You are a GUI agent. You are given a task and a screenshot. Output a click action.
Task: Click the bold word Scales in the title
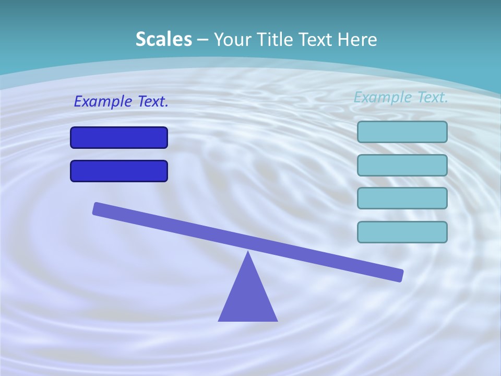(x=163, y=39)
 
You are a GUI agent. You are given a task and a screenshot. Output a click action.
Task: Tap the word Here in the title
(x=357, y=39)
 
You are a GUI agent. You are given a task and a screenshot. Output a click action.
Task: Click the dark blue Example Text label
(x=121, y=101)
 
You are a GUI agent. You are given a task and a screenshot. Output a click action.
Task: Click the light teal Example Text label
(x=401, y=97)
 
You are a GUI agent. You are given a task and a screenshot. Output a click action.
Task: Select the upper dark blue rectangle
(x=119, y=137)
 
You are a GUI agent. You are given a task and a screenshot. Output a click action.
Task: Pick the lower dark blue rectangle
(x=119, y=171)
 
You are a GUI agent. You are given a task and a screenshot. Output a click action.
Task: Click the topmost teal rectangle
(x=402, y=132)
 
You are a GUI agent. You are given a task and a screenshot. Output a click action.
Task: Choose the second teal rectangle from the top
(x=402, y=165)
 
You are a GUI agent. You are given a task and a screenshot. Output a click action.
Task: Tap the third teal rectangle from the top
(x=402, y=198)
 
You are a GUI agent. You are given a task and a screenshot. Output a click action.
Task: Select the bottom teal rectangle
(x=402, y=232)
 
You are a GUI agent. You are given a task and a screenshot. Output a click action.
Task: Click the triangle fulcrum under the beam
(x=248, y=298)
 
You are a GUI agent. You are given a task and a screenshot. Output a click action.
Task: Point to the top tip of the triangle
(x=248, y=253)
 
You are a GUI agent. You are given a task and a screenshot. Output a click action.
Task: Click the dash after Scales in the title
(x=202, y=40)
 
